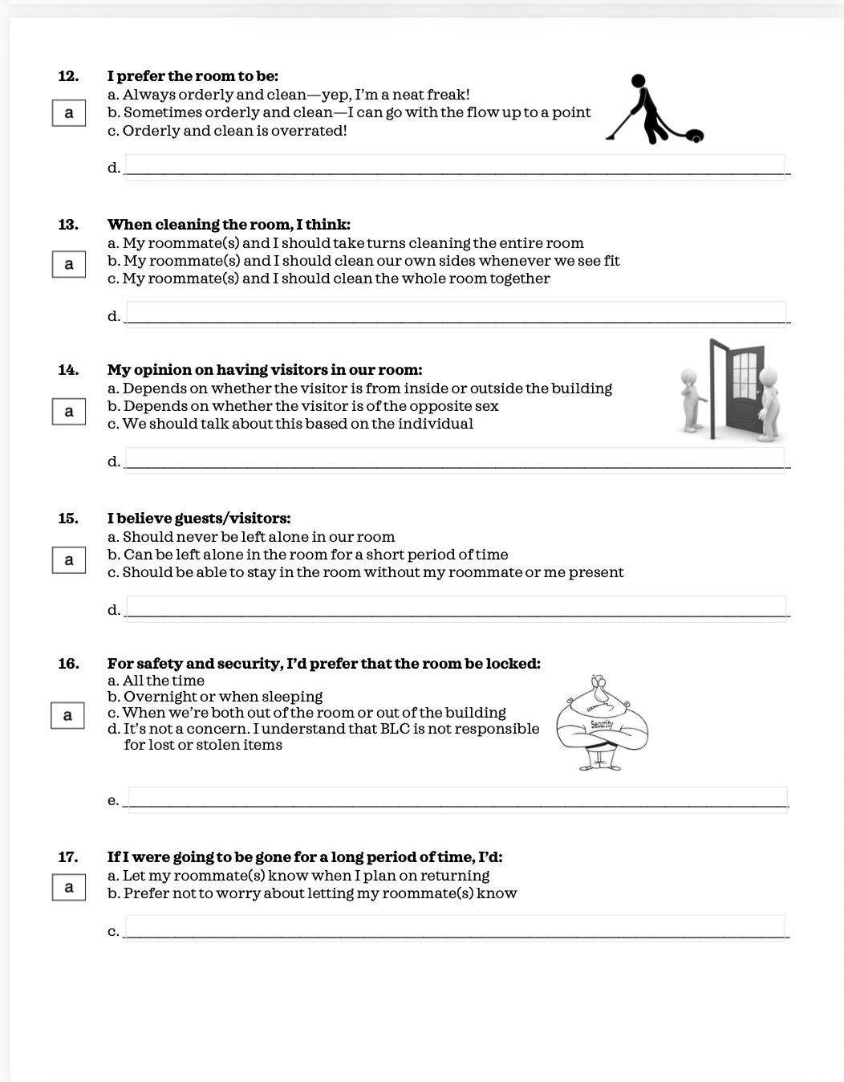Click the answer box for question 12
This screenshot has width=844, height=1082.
69,113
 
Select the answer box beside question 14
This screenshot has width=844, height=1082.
69,411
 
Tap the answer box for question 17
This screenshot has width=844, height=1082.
69,887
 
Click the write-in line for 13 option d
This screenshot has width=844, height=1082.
456,315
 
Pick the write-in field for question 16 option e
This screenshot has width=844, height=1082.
458,800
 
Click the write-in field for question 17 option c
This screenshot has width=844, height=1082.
456,928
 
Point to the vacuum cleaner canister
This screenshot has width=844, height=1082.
695,136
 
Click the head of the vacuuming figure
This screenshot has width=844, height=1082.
638,80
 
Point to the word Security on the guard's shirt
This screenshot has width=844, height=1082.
602,724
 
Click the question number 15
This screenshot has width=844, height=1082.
68,519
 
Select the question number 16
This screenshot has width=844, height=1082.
68,664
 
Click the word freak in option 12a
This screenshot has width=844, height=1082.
448,95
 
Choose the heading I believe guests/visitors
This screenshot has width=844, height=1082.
199,519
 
